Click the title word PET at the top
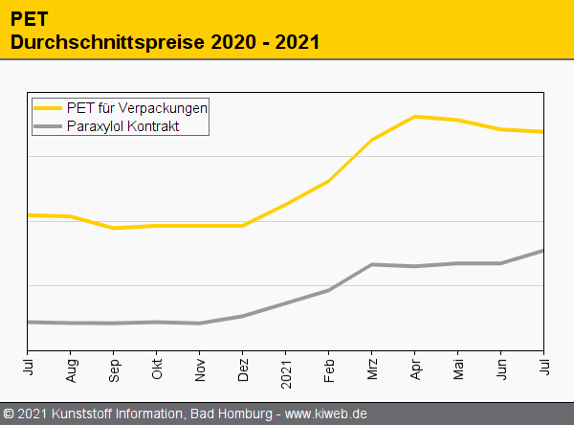pos(30,17)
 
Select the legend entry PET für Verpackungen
pos(137,107)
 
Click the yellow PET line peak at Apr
pos(415,117)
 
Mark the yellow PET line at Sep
pos(114,228)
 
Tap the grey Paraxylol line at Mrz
pos(372,264)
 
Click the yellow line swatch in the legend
pos(48,108)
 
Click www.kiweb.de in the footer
pos(326,414)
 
